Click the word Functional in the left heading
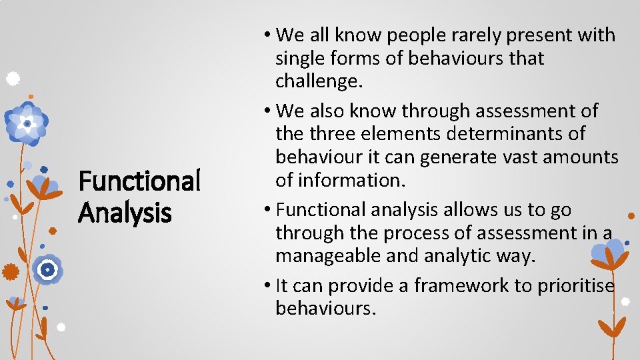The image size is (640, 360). click(x=139, y=181)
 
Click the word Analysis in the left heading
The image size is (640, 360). click(x=125, y=213)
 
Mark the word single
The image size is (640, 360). click(x=301, y=58)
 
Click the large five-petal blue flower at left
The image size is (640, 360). click(x=27, y=124)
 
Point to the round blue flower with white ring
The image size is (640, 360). click(x=47, y=270)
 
